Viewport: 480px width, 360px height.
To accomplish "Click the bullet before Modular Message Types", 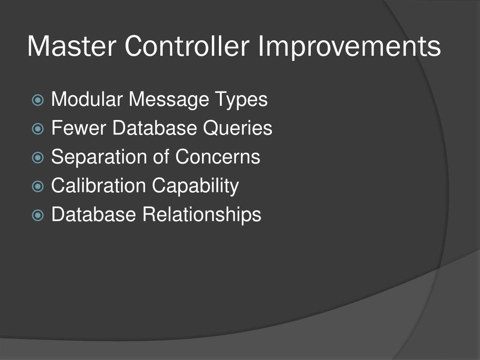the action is [x=38, y=100].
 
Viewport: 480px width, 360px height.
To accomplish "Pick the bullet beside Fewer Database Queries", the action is [x=38, y=128].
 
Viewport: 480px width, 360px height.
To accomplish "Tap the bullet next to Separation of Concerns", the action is [x=38, y=157].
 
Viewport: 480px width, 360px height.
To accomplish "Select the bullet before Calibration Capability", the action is [x=38, y=186].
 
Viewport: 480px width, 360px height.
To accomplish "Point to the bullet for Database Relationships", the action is [x=38, y=215].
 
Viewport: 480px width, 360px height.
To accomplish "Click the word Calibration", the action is [x=98, y=186].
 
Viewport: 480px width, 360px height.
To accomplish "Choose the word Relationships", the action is [x=202, y=215].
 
